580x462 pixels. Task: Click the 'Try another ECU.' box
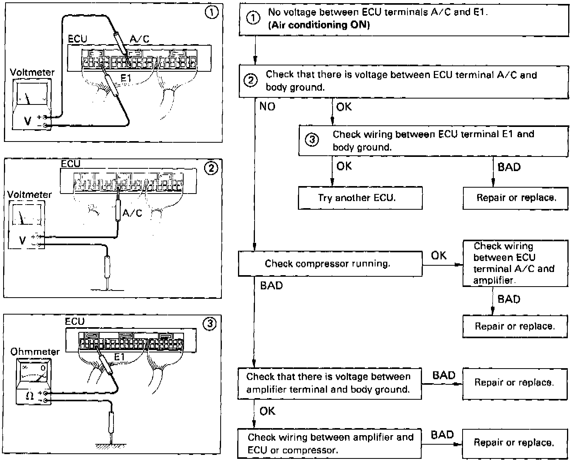(x=360, y=197)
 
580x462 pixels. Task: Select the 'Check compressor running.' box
(x=330, y=264)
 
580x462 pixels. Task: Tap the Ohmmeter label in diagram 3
(x=35, y=351)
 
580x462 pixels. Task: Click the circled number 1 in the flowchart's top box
(x=253, y=18)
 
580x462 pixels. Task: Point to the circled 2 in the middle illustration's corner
(x=211, y=168)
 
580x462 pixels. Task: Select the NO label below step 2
(x=267, y=107)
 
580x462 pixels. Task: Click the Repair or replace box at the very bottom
(x=514, y=443)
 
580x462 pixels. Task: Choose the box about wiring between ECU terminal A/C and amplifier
(x=515, y=263)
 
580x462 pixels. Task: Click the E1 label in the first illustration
(x=126, y=78)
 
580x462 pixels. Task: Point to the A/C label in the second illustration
(x=132, y=213)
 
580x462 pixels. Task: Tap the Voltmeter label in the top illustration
(x=32, y=73)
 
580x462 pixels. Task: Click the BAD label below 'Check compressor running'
(x=271, y=285)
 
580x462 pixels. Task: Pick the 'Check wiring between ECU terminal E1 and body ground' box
(x=433, y=141)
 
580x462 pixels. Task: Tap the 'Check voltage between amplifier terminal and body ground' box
(x=329, y=383)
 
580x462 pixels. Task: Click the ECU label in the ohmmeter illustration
(x=75, y=322)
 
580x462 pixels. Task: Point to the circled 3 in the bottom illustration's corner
(x=210, y=324)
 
